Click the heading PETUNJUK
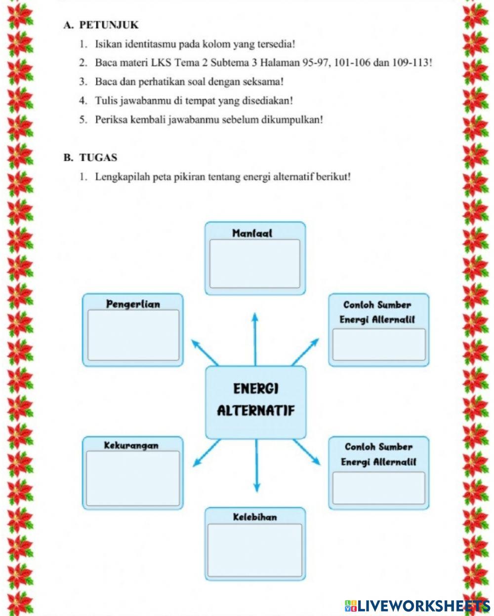click(x=109, y=25)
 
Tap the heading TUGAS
click(x=98, y=158)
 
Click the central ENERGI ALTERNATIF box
click(x=255, y=402)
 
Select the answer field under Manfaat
click(x=255, y=264)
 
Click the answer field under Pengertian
click(x=133, y=335)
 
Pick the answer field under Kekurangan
click(x=133, y=478)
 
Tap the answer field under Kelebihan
click(x=255, y=550)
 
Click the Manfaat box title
click(x=252, y=233)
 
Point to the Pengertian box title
click(x=133, y=304)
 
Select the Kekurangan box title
click(x=131, y=446)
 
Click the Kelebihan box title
click(x=255, y=517)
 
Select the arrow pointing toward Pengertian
click(x=205, y=352)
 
